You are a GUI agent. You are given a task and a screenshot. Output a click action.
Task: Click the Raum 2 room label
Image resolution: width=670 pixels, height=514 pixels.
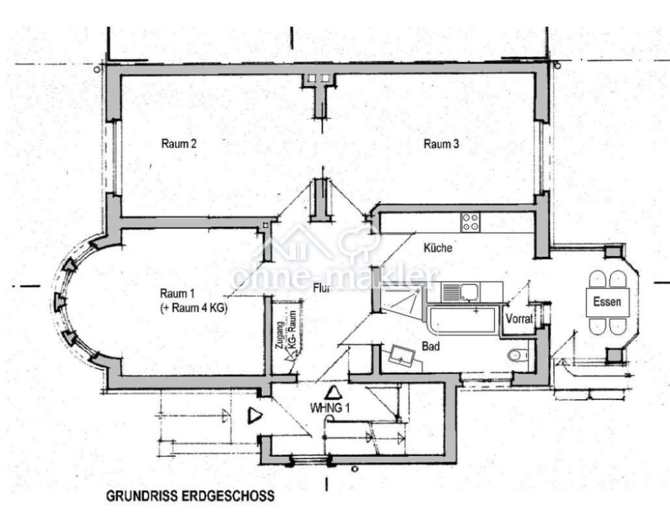[179, 144]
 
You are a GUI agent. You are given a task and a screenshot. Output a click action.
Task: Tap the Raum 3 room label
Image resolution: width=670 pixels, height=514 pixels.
[441, 144]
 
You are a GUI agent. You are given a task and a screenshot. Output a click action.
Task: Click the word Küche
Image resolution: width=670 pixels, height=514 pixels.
[438, 248]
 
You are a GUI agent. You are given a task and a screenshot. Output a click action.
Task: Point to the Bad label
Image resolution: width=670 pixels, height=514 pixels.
[431, 346]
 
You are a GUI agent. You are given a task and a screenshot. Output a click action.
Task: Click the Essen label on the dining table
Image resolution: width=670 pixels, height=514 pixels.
[606, 303]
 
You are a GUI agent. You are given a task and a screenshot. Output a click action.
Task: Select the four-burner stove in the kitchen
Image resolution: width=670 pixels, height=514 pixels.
[470, 222]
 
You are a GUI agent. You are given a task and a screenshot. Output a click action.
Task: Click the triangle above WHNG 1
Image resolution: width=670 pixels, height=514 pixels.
[334, 392]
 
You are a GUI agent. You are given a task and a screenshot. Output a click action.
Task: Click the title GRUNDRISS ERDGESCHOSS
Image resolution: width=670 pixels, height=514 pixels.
[190, 497]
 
